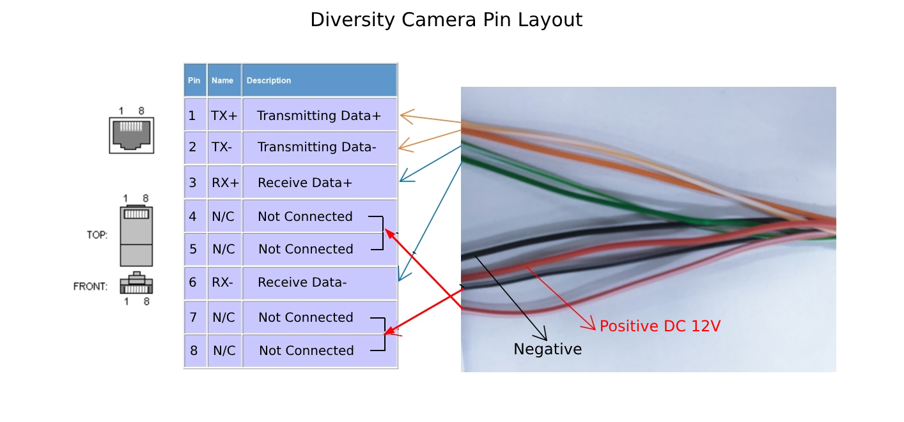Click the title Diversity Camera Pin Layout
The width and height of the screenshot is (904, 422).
[446, 20]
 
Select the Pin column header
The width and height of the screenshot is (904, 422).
[194, 80]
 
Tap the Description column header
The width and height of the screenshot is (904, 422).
[269, 80]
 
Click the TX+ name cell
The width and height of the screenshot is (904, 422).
[224, 116]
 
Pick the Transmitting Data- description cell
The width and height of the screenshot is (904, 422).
[317, 147]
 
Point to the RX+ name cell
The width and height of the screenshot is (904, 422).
[225, 183]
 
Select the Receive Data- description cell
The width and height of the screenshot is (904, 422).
[302, 282]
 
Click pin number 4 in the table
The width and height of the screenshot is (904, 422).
[192, 216]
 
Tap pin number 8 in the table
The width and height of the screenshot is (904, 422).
[194, 350]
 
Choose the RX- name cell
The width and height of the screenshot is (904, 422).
[222, 282]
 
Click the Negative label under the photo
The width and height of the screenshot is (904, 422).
[547, 349]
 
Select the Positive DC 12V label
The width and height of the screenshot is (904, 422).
[660, 326]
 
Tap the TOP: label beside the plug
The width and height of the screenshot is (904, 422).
[97, 235]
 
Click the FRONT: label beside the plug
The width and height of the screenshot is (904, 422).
[90, 287]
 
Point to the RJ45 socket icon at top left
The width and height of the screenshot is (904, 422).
[132, 134]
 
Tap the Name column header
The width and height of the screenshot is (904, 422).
[222, 80]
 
